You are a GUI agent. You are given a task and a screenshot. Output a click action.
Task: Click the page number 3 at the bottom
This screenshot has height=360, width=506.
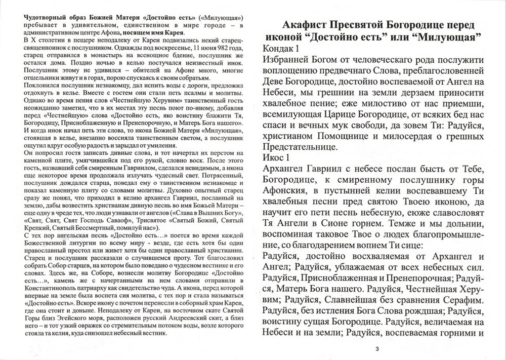pos(377,348)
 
